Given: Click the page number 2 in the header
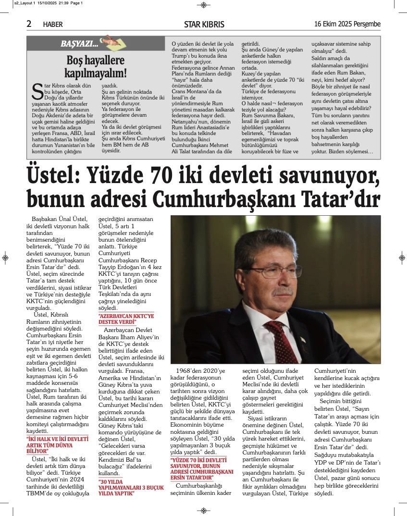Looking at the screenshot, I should (x=29, y=24).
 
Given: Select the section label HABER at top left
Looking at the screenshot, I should (x=53, y=25).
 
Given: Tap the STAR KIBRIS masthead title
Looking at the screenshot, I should (x=204, y=25).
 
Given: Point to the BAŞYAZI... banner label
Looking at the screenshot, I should (x=79, y=44).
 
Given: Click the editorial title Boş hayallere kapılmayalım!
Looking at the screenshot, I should (x=96, y=67).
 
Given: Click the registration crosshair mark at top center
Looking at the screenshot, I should (x=204, y=5).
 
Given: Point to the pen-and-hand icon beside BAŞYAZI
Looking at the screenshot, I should (x=110, y=43).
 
